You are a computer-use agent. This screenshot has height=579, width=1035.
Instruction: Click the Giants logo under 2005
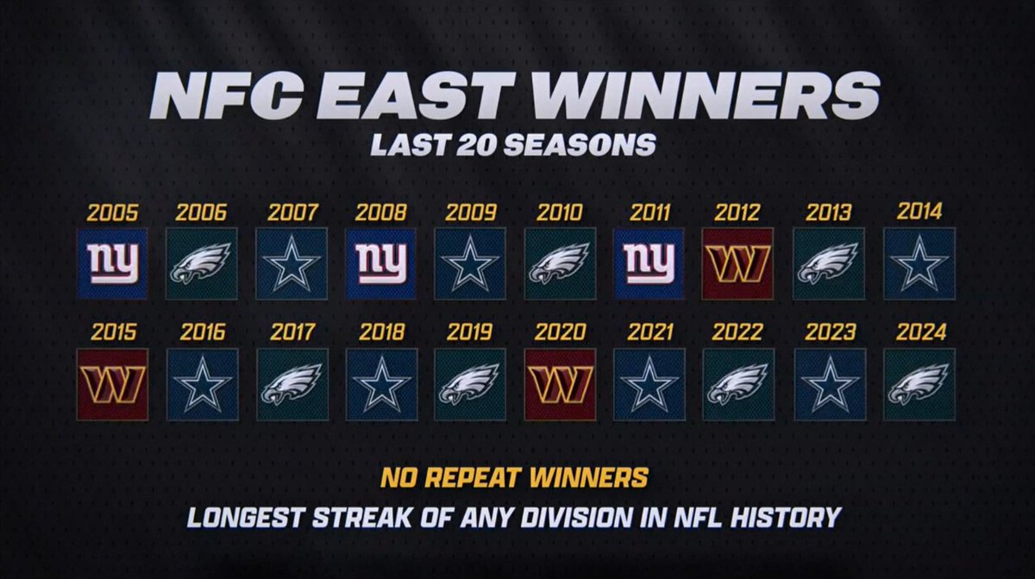(x=112, y=263)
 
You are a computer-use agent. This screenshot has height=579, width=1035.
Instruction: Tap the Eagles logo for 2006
(x=202, y=263)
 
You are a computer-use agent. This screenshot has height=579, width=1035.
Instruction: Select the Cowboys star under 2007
(x=292, y=263)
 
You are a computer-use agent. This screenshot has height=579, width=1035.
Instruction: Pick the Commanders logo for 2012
(x=738, y=263)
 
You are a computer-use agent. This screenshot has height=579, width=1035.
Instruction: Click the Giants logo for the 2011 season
(x=649, y=263)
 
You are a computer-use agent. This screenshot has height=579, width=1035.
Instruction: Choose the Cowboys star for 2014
(x=919, y=263)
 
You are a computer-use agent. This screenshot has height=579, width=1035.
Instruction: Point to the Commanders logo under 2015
(x=112, y=384)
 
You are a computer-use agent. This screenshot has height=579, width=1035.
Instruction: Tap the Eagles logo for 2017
(x=292, y=384)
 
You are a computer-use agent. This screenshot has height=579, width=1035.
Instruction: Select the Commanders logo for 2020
(x=560, y=384)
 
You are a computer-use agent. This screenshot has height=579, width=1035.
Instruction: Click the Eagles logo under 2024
(x=919, y=384)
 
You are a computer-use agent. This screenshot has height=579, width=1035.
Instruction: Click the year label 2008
(x=380, y=211)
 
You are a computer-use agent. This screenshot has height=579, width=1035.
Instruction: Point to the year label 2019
(x=470, y=332)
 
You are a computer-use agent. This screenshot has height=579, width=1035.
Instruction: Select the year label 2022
(x=738, y=332)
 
